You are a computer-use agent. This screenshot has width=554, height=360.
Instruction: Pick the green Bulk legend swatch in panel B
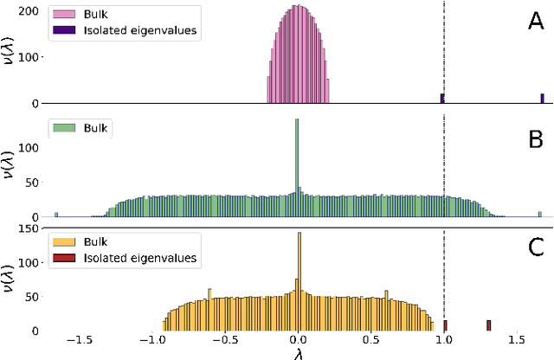coord(66,128)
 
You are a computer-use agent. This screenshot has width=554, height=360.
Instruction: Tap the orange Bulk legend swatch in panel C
coord(66,242)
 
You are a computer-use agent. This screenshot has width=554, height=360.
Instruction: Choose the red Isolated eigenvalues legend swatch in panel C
coord(66,257)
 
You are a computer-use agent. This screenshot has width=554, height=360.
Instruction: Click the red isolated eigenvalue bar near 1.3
coord(488,325)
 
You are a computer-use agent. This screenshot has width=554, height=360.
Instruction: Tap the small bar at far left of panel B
coord(56,214)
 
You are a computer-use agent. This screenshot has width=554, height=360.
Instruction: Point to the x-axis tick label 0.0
coord(299,341)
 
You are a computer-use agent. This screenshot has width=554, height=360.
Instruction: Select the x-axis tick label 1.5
coord(517,341)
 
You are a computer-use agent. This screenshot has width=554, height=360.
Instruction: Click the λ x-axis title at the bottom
coord(299,353)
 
